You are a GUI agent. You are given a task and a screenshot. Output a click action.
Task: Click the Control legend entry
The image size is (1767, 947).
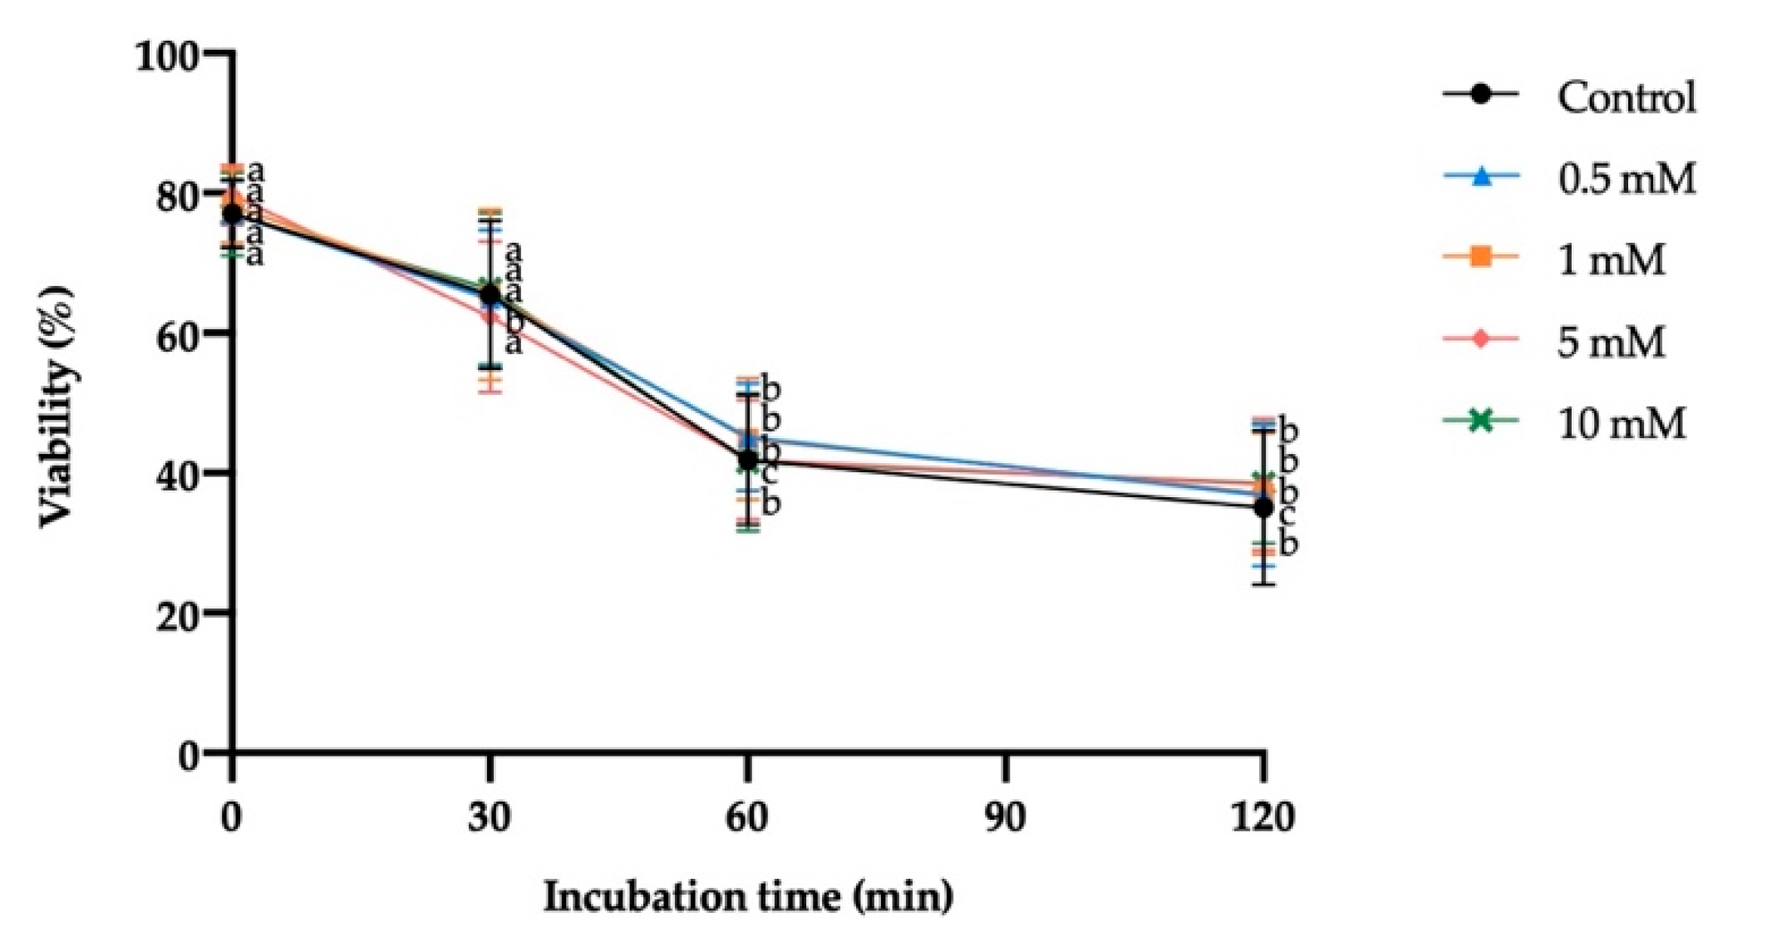[1626, 97]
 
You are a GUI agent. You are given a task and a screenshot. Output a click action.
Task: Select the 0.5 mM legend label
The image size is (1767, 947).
[1626, 179]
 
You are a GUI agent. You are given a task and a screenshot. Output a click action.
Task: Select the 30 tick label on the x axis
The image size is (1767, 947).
[489, 818]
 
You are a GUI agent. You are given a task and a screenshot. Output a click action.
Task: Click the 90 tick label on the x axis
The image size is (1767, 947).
[1005, 818]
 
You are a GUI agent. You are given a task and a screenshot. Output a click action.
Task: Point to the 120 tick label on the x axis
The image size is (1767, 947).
[1262, 818]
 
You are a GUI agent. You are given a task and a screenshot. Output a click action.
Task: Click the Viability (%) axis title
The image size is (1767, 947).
[57, 407]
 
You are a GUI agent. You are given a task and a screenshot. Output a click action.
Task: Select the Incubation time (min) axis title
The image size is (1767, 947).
[748, 897]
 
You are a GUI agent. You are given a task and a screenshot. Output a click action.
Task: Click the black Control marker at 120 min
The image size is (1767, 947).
[1263, 507]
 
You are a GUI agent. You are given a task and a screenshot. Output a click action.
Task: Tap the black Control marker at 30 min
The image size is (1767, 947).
[490, 294]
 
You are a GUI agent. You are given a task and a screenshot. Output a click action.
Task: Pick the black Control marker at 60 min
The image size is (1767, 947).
[748, 459]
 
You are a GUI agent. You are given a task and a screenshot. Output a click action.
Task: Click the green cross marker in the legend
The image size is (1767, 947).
[1480, 421]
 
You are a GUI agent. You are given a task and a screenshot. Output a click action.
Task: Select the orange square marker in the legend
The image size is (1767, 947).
[1480, 258]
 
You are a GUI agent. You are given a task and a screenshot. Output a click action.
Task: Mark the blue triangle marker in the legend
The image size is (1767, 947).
[1480, 176]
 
